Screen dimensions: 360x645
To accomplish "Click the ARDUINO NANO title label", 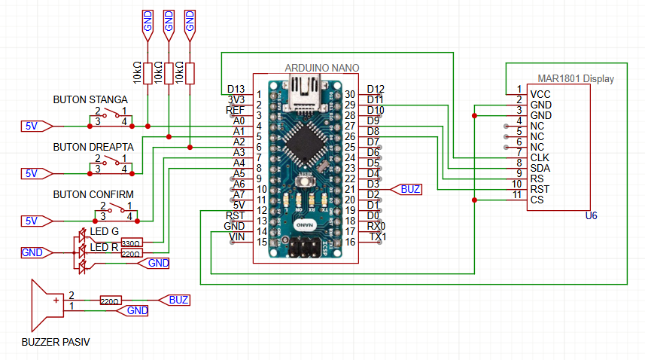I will [x=321, y=68].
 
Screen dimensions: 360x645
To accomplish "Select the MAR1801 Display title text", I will [x=576, y=78].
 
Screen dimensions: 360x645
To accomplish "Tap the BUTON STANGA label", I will [x=90, y=99].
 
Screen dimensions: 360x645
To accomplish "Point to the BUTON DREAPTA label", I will [x=93, y=147].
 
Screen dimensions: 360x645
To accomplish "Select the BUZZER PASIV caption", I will [x=57, y=342].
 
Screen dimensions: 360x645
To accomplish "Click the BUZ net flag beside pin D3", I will [x=410, y=189].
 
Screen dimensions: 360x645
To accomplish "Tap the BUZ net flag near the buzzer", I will [x=178, y=300].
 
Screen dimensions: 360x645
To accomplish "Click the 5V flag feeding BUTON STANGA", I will [x=32, y=126].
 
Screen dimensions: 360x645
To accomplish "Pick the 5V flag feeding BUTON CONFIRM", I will [x=32, y=221].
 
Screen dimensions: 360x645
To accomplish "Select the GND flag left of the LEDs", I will [x=32, y=252].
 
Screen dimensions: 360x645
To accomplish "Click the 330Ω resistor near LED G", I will [x=131, y=243].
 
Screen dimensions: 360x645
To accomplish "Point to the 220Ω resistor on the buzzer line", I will [x=110, y=301].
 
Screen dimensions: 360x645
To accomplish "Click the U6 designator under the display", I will [x=591, y=216].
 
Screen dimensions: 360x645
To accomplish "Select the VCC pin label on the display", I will [x=540, y=94].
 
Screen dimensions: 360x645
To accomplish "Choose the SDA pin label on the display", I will [x=540, y=168].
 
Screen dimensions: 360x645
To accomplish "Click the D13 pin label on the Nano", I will [x=236, y=89].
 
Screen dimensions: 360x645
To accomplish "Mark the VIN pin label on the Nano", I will [x=236, y=236].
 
